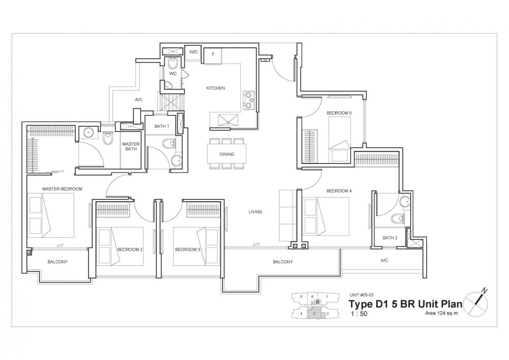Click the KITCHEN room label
(x=215, y=88)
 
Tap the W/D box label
(x=194, y=52)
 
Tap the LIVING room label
(x=256, y=212)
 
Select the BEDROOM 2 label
(x=130, y=250)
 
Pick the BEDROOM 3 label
(x=187, y=250)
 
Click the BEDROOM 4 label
(x=339, y=191)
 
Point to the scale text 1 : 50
(x=359, y=314)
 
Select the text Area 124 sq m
(x=442, y=313)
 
